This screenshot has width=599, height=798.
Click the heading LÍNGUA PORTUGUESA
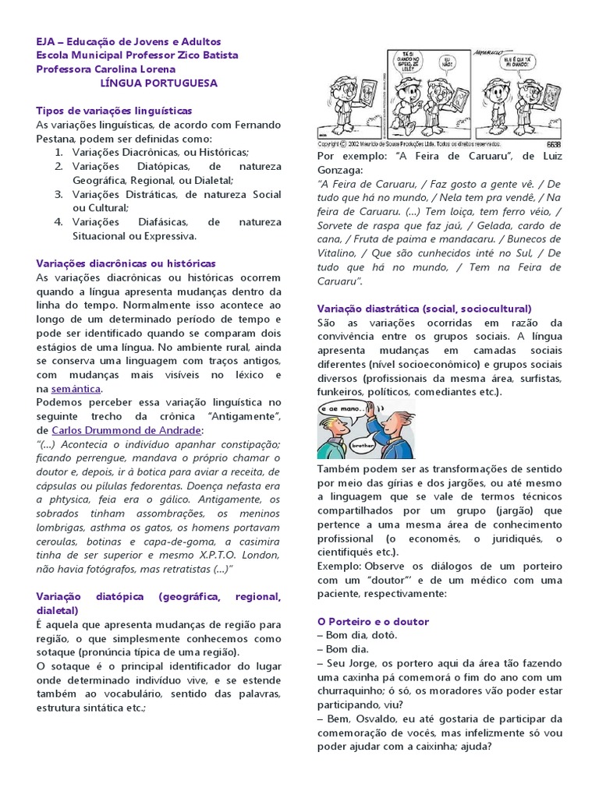click(158, 83)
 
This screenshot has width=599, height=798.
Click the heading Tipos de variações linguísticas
click(114, 111)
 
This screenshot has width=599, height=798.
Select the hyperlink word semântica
click(76, 388)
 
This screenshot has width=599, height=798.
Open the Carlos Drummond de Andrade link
click(127, 430)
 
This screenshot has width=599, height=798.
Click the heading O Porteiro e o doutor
click(373, 622)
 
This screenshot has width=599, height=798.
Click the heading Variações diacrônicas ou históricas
click(126, 264)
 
